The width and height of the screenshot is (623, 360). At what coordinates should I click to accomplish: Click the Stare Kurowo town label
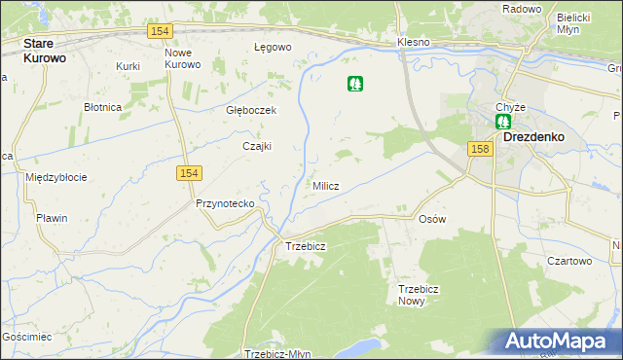(x=52, y=51)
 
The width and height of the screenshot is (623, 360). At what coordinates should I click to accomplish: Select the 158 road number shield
(x=479, y=149)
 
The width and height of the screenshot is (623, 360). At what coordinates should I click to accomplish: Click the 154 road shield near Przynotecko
(x=189, y=172)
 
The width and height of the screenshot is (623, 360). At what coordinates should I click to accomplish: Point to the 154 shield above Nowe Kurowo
(x=162, y=31)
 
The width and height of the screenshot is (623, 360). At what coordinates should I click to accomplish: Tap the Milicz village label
(x=325, y=186)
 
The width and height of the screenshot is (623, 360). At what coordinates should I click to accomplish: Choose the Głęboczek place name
(x=251, y=110)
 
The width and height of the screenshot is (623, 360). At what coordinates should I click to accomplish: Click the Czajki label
(x=256, y=146)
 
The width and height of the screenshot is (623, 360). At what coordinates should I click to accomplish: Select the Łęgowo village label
(x=273, y=47)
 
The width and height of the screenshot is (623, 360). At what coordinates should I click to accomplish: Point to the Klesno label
(x=414, y=44)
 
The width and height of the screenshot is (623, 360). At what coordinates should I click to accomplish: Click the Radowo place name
(x=522, y=9)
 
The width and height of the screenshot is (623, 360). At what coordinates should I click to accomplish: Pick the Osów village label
(x=431, y=219)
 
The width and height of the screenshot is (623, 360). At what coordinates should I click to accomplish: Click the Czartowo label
(x=569, y=261)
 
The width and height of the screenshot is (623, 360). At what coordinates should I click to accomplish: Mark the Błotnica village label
(x=102, y=107)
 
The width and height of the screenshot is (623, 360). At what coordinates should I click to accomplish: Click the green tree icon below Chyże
(x=503, y=122)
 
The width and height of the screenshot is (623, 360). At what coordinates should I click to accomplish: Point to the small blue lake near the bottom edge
(x=361, y=346)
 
